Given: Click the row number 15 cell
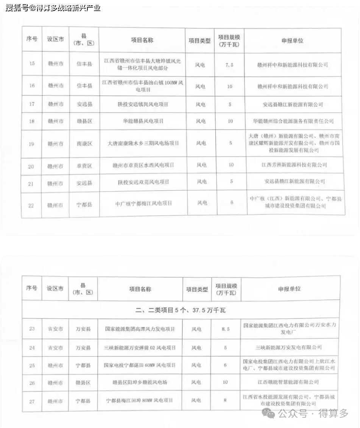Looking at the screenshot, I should click(32, 63).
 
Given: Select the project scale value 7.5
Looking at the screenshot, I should click(229, 65).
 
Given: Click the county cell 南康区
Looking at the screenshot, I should click(84, 144).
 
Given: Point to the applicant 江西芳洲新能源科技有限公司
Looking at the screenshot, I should click(294, 165).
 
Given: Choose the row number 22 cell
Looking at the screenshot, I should click(31, 205).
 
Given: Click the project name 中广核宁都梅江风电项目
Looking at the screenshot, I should click(143, 203).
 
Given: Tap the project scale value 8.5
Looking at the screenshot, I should click(226, 329).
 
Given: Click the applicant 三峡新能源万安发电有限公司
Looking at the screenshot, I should click(290, 347).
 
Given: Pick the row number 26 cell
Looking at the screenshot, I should click(32, 383).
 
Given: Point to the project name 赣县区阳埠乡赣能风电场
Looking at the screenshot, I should click(140, 382).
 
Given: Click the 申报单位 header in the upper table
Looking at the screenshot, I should click(292, 40).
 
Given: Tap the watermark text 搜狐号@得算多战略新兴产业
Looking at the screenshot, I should click(53, 8).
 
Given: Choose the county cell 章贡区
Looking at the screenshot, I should click(84, 166).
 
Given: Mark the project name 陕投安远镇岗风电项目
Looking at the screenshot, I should click(143, 104).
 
